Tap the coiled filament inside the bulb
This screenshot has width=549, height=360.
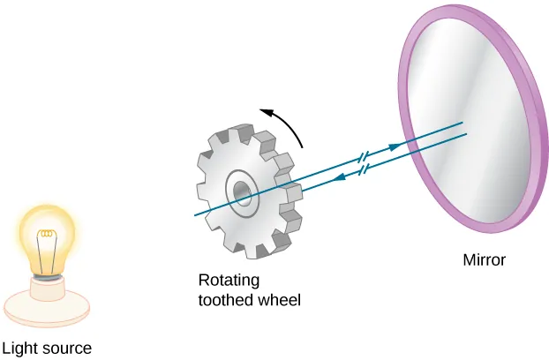tap(46, 236)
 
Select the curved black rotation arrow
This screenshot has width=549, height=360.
tap(286, 124)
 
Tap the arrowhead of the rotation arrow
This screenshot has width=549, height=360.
tap(264, 111)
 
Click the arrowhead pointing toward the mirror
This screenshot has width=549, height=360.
tap(410, 143)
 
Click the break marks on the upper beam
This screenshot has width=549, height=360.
tap(362, 159)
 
